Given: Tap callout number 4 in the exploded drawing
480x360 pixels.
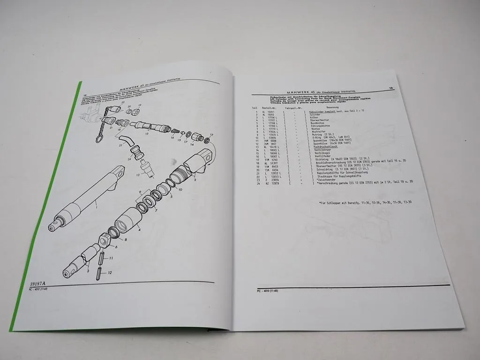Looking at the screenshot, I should (x=139, y=229).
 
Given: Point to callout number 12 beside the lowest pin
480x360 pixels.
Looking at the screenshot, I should (x=109, y=272).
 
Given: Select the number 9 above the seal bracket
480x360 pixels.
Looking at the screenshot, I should (x=139, y=193).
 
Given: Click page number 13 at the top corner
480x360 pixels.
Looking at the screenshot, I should (x=390, y=88).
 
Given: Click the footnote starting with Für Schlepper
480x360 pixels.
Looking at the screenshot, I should (x=365, y=203).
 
